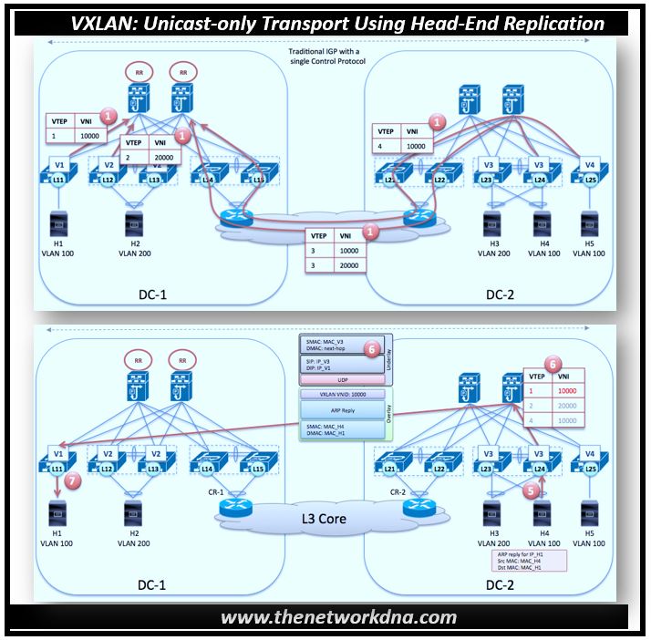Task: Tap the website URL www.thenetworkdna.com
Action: pyautogui.click(x=338, y=617)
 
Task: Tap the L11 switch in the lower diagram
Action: pyautogui.click(x=57, y=468)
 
